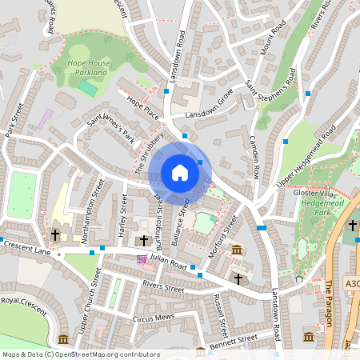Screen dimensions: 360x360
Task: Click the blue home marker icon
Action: click(180, 172)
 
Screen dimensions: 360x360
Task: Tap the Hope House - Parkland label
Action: click(88, 68)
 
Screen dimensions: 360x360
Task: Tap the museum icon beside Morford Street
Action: click(237, 251)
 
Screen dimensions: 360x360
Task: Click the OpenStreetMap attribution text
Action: click(80, 354)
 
